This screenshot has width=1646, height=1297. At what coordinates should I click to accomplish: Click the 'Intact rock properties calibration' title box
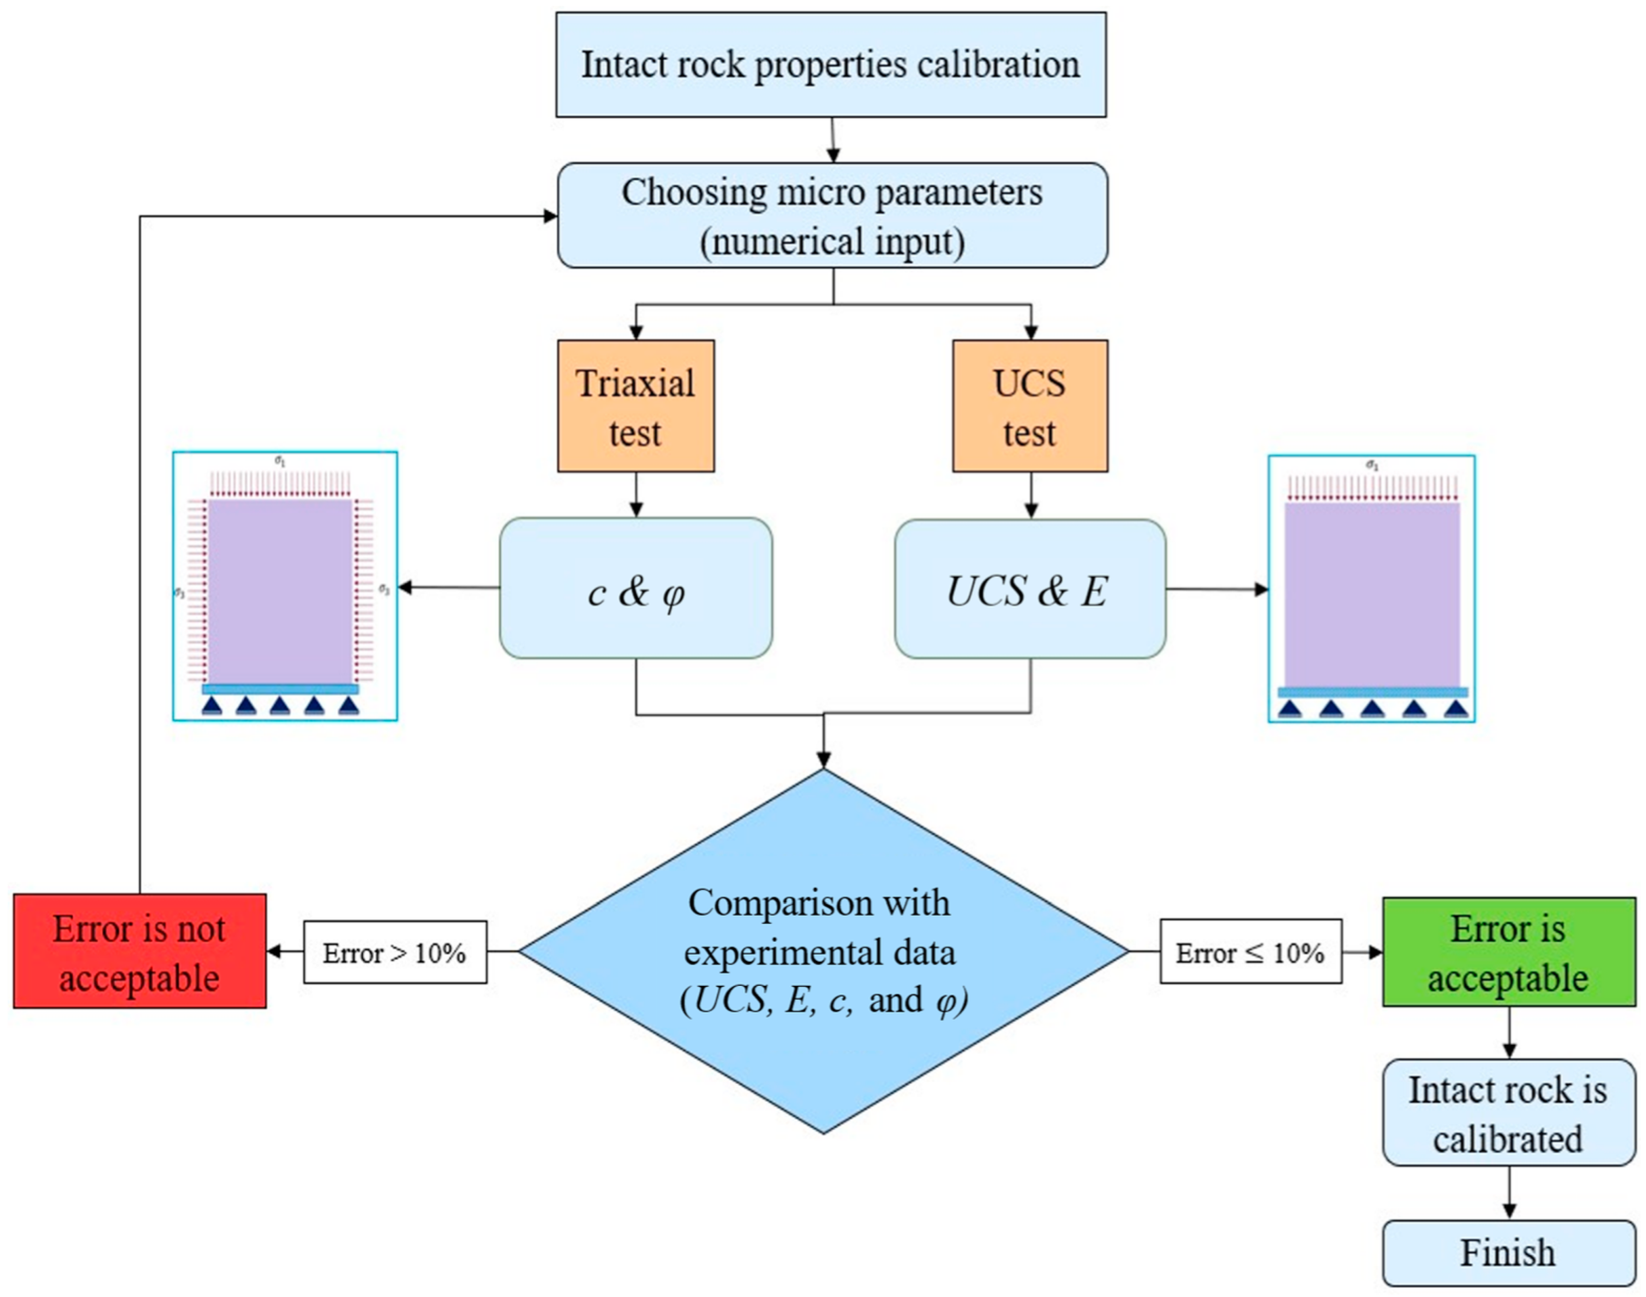[831, 64]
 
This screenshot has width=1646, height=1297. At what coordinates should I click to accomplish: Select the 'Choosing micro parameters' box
[832, 215]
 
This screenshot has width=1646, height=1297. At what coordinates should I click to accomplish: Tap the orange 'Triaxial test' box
[635, 406]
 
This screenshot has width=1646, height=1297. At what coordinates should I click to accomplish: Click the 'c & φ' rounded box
[635, 589]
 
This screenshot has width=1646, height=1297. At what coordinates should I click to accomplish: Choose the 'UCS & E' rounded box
[1029, 589]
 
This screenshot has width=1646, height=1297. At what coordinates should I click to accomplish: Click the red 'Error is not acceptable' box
[140, 951]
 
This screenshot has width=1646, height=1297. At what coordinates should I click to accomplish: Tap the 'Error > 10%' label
[395, 953]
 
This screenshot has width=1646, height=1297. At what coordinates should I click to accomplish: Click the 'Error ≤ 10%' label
[1250, 952]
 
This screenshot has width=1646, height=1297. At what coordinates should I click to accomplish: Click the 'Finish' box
[1508, 1252]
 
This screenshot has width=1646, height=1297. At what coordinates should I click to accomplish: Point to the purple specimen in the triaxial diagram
[280, 591]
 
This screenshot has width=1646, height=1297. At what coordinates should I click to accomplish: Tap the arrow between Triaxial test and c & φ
[636, 495]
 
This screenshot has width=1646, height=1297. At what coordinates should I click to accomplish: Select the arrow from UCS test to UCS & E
[1030, 496]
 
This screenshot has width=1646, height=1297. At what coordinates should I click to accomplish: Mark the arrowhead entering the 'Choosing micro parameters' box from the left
[550, 216]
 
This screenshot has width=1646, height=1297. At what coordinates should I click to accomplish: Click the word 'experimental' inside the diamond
[767, 952]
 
